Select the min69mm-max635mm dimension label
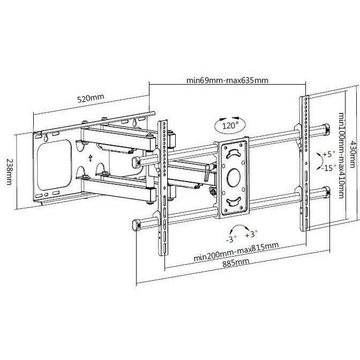227,80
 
